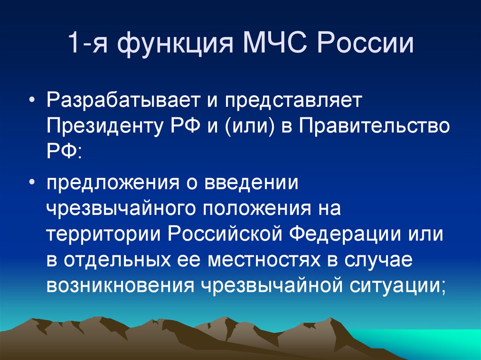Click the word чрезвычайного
(x=121, y=208)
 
